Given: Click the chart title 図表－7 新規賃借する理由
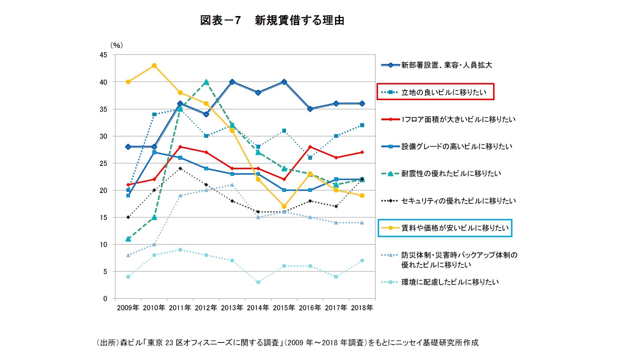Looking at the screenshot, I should click(272, 20).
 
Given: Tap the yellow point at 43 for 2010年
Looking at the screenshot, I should click(154, 66).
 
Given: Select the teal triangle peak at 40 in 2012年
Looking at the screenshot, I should click(206, 82).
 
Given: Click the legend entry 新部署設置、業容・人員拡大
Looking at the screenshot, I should click(446, 65).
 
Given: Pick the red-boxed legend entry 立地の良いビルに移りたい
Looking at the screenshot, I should click(443, 92).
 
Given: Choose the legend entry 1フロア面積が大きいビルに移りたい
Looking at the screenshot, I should click(458, 119).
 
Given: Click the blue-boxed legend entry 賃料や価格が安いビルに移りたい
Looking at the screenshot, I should click(455, 228).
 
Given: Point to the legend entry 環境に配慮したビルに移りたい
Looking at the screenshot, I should click(450, 282).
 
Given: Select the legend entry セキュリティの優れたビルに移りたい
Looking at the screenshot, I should click(458, 201).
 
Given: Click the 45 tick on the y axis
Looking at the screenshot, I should click(103, 55).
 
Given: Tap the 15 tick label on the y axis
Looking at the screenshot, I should click(103, 217).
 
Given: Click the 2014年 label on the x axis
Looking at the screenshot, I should click(258, 308).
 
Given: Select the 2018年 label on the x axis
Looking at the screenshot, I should click(362, 308).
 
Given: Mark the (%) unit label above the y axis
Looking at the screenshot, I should click(117, 45).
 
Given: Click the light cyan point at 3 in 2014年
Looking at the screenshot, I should click(258, 282).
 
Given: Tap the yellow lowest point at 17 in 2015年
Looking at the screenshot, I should click(284, 206).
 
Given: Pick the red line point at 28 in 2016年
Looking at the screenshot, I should click(310, 147).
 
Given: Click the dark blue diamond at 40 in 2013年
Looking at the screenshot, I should click(232, 82).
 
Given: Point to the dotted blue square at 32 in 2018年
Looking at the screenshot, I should click(362, 125).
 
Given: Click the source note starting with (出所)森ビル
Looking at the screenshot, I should click(287, 342).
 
